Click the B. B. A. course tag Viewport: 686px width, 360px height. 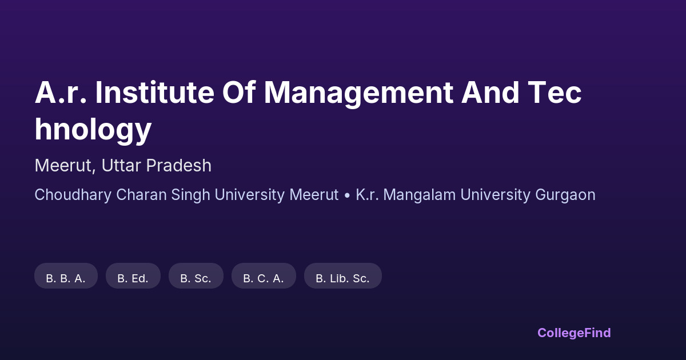point(66,275)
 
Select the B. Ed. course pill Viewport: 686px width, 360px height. point(133,275)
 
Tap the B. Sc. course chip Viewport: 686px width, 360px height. point(196,275)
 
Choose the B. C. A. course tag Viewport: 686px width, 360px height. point(264,275)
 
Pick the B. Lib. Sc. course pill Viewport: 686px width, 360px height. point(342,275)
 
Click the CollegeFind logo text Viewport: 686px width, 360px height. point(574,333)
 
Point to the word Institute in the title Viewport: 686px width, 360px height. point(155,92)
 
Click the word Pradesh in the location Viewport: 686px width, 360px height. point(178,165)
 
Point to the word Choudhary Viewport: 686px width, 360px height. point(73,195)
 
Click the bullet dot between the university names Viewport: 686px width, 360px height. point(347,195)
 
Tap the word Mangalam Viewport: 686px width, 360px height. point(420,195)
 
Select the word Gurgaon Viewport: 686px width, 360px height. point(565,195)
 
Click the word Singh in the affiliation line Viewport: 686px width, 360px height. point(190,195)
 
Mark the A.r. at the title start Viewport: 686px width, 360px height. point(61,92)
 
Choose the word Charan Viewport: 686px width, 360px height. point(141,195)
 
